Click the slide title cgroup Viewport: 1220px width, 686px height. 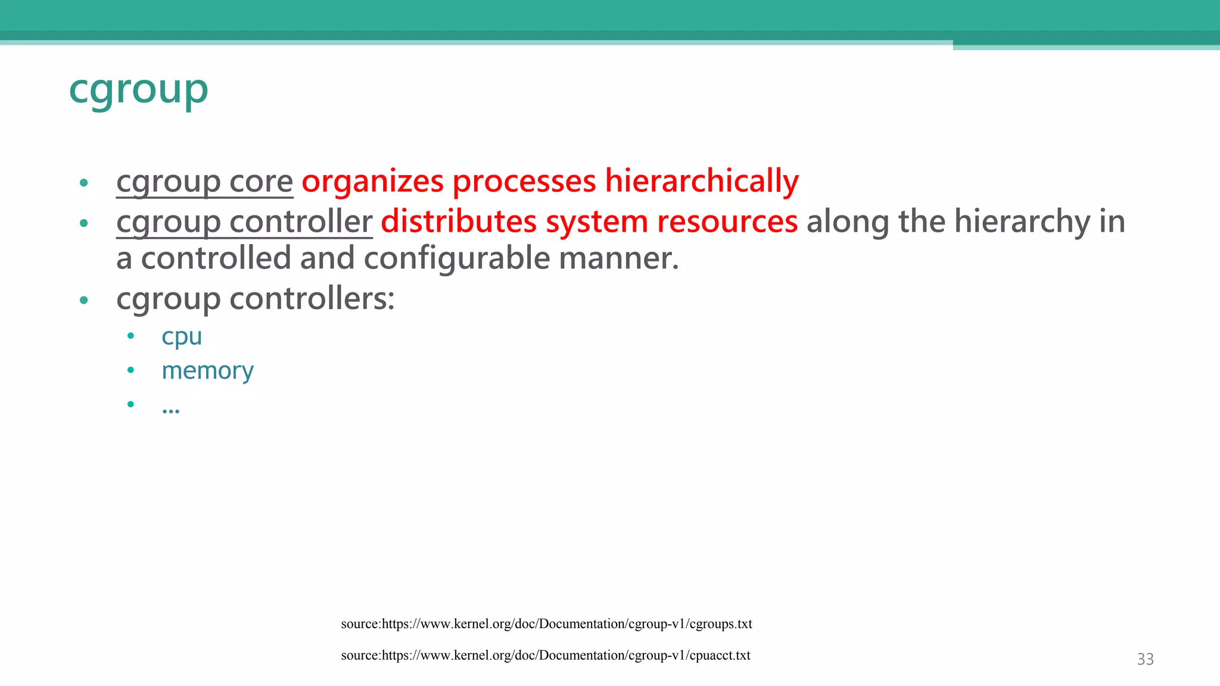coord(138,90)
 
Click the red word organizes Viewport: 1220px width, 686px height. coord(372,181)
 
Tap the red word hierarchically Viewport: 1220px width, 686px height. coord(701,181)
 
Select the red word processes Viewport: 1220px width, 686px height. coord(524,181)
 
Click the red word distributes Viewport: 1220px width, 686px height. coord(459,222)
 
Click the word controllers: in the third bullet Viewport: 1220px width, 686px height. coord(312,298)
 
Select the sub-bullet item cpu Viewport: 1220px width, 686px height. coord(182,337)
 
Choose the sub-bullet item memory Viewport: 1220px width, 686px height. coord(207,371)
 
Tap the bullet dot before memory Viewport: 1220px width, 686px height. coord(130,370)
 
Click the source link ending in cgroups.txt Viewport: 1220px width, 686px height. coord(546,624)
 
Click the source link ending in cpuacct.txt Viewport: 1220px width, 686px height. coord(545,656)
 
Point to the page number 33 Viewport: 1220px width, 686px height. coord(1145,659)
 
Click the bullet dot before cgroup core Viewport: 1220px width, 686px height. coord(84,183)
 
